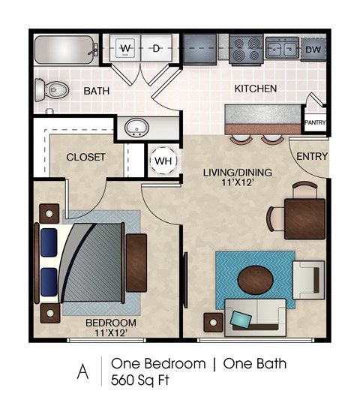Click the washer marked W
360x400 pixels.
[126, 50]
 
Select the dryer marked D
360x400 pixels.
[157, 50]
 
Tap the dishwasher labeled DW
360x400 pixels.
[314, 50]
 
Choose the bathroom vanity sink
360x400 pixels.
[136, 126]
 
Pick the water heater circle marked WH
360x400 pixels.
[163, 161]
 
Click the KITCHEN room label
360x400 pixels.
[256, 89]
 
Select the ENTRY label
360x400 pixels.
[311, 156]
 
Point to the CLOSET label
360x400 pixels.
[85, 158]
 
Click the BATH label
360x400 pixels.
[97, 91]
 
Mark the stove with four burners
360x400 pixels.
[246, 50]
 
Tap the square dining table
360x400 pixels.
[304, 218]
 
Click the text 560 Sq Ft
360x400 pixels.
[140, 380]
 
